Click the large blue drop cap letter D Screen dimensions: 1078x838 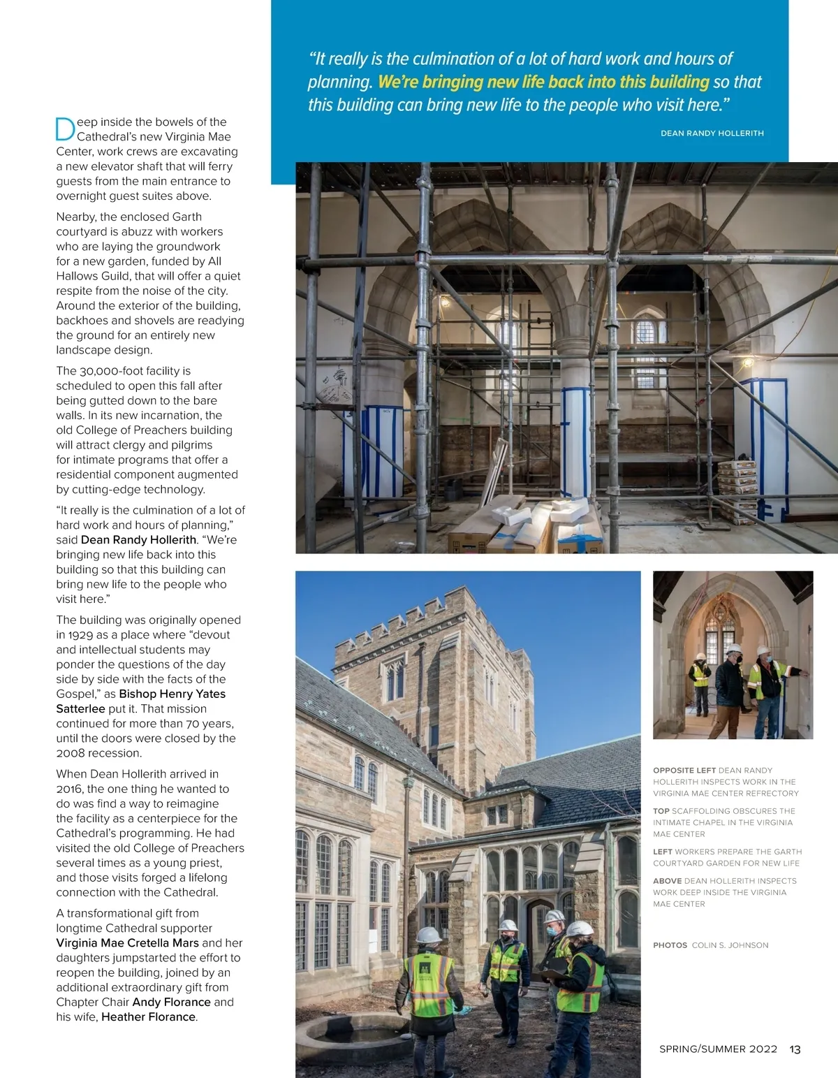(65, 129)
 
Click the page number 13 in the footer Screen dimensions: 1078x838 (795, 1049)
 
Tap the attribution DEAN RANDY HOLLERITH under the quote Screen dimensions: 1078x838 (712, 133)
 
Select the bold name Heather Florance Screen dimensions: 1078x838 (149, 1017)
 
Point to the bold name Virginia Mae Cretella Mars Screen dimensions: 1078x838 (128, 942)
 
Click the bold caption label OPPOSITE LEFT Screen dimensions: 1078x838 (684, 770)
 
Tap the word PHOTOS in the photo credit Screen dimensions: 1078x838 (670, 945)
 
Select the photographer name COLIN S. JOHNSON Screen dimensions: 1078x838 (730, 945)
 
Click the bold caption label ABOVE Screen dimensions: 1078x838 (667, 881)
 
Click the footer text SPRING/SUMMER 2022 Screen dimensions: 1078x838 (718, 1049)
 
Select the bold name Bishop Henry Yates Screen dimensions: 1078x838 (172, 694)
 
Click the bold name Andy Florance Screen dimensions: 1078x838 (171, 1002)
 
